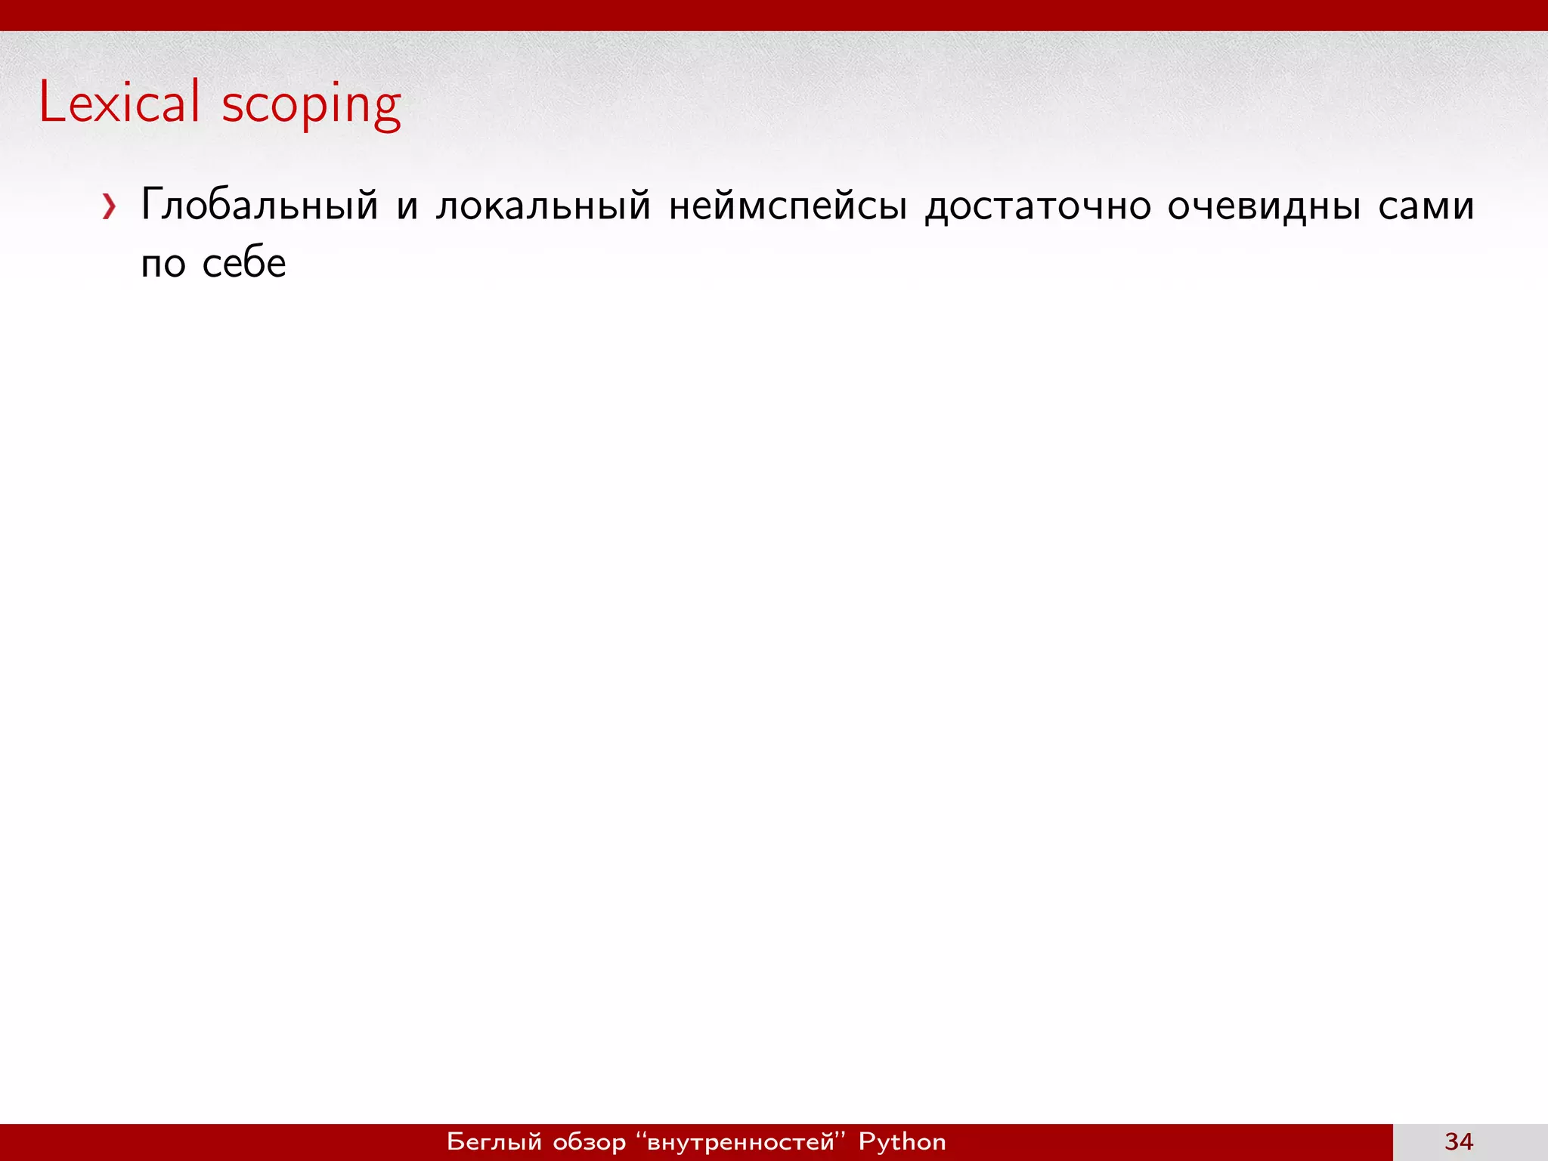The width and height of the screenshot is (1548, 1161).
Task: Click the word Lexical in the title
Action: tap(119, 102)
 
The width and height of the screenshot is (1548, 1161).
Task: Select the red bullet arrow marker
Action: tap(110, 206)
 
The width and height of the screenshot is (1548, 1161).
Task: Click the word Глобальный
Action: tap(259, 205)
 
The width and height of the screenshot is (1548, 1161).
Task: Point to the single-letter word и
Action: tap(407, 206)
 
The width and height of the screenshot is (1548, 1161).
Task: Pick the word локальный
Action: tap(543, 205)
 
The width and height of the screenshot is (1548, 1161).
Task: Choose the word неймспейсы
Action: tap(788, 205)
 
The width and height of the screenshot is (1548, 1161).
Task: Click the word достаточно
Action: tap(1038, 205)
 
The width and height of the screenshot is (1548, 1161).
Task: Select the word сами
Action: tap(1426, 206)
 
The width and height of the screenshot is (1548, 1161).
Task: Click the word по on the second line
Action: tap(163, 264)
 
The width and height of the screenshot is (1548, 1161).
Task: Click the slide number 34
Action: tap(1458, 1141)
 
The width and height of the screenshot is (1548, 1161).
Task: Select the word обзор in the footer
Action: tap(590, 1141)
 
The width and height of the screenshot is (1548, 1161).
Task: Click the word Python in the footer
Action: tap(902, 1141)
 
